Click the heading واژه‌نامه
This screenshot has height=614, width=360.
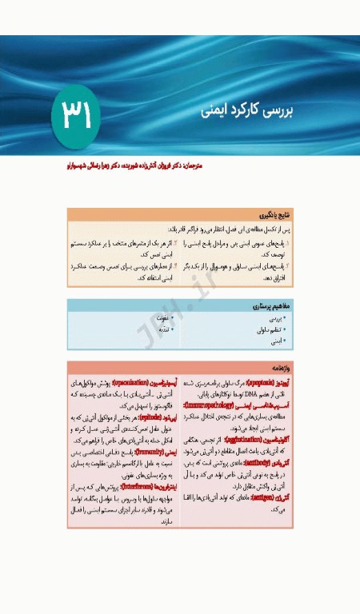pyautogui.click(x=284, y=369)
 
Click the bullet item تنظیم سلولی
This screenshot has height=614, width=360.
pyautogui.click(x=272, y=329)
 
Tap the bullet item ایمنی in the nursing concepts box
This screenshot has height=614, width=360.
pyautogui.click(x=277, y=341)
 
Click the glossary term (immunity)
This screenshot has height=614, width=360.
pyautogui.click(x=145, y=452)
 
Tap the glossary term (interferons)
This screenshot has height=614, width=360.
pyautogui.click(x=143, y=485)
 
